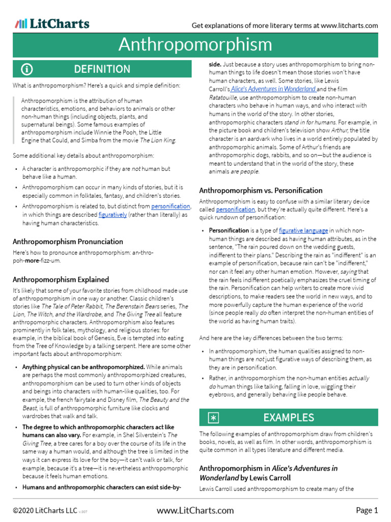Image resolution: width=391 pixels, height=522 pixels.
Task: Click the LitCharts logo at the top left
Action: coord(52,24)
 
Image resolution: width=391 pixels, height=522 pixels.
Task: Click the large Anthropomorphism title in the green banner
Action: coord(195,45)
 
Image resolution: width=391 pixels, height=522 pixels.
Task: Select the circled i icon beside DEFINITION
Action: coord(27,69)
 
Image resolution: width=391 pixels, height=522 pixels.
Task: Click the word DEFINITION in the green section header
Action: coord(102,69)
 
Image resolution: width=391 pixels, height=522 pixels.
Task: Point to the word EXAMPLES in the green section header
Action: coord(289,418)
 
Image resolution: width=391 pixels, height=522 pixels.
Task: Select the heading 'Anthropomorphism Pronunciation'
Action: coord(68,242)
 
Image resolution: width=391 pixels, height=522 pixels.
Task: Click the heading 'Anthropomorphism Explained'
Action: coord(61,279)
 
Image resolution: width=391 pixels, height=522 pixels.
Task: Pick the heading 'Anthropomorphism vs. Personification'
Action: coord(261,190)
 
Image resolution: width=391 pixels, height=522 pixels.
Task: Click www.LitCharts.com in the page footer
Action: coord(195,510)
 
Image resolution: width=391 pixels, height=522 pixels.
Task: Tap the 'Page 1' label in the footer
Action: coord(367,510)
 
